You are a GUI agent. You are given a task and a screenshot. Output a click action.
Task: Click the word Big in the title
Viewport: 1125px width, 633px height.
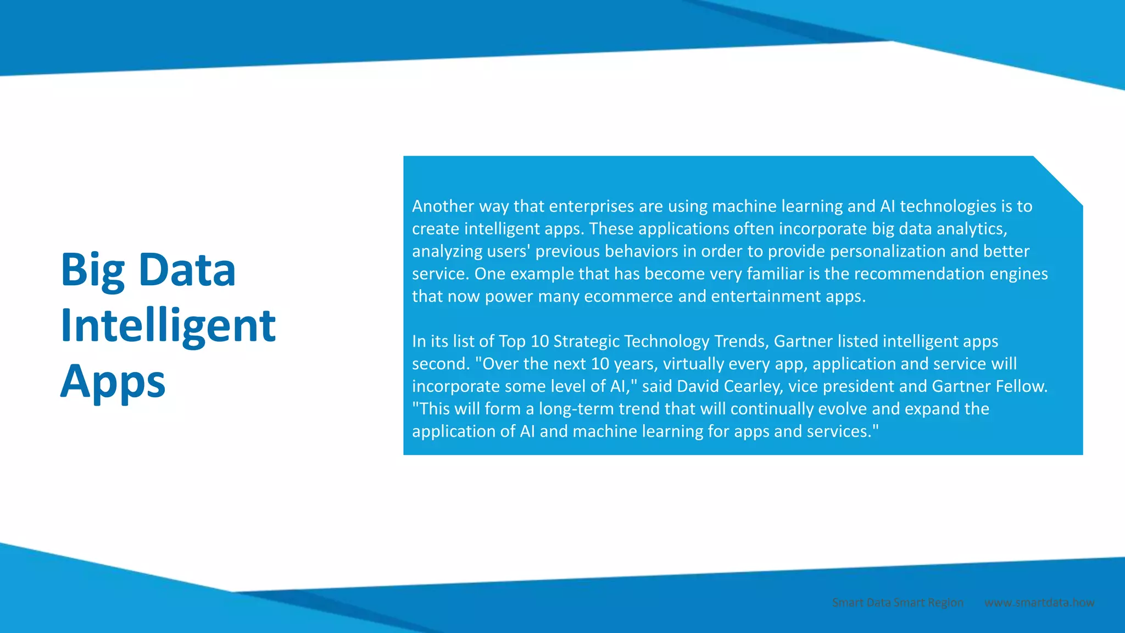click(x=93, y=270)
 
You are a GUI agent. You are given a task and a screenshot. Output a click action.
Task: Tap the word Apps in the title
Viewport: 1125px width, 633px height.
click(x=113, y=381)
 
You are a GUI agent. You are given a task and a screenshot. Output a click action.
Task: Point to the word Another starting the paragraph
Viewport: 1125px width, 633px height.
click(x=443, y=206)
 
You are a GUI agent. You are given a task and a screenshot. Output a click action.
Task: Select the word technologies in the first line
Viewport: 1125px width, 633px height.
click(x=948, y=206)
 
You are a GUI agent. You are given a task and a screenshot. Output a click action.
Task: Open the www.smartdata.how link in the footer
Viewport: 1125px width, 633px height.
click(x=1039, y=603)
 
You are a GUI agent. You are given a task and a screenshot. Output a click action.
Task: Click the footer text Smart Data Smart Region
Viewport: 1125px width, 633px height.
click(x=898, y=603)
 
